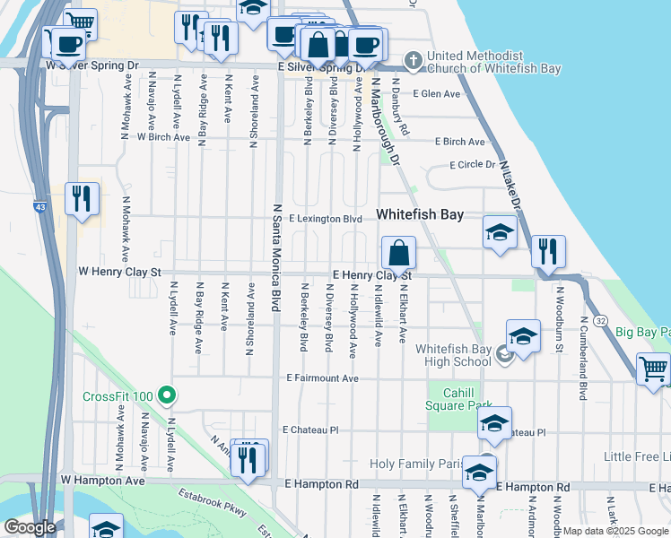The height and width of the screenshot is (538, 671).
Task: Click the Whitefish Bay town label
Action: [x=419, y=215]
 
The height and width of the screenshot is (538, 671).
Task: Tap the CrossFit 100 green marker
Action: [x=166, y=395]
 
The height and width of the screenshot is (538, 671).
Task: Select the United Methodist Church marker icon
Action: [x=413, y=61]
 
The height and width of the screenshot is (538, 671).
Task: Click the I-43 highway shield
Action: [x=40, y=207]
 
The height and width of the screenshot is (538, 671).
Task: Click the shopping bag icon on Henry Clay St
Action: [x=399, y=253]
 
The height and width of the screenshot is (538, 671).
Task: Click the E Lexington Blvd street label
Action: [x=325, y=219]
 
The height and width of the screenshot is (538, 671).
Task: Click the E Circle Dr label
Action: [x=472, y=165]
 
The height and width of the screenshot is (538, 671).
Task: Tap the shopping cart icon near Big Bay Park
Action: [x=653, y=369]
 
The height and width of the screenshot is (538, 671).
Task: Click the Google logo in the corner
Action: [x=30, y=527]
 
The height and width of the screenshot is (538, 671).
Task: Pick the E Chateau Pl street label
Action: [x=309, y=430]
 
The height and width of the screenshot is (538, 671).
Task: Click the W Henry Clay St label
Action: [x=119, y=270]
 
